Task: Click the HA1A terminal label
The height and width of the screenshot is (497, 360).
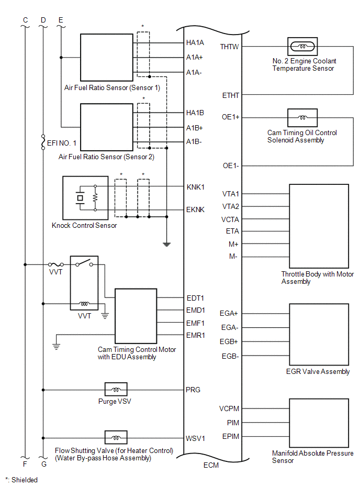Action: [x=195, y=42]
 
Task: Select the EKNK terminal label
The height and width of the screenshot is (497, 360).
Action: [x=196, y=209]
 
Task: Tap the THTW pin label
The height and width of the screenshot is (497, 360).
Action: [x=230, y=47]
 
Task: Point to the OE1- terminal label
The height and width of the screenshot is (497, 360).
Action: [x=231, y=166]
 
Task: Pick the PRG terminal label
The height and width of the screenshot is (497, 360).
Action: [x=193, y=390]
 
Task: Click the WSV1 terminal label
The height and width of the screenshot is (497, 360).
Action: [x=195, y=438]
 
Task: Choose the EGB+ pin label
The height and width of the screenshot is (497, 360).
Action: [x=229, y=341]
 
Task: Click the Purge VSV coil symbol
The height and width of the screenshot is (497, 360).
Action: [x=116, y=390]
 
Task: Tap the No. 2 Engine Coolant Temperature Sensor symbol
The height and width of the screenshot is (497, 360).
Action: [x=302, y=47]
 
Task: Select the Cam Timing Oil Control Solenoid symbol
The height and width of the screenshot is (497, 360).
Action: [x=302, y=118]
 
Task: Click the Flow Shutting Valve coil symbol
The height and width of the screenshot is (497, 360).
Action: [x=116, y=438]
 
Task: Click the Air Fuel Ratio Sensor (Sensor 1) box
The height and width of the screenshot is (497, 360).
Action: [x=107, y=58]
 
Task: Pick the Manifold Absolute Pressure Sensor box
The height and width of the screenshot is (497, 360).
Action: [x=318, y=423]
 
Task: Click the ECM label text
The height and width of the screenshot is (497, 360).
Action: [x=211, y=465]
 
